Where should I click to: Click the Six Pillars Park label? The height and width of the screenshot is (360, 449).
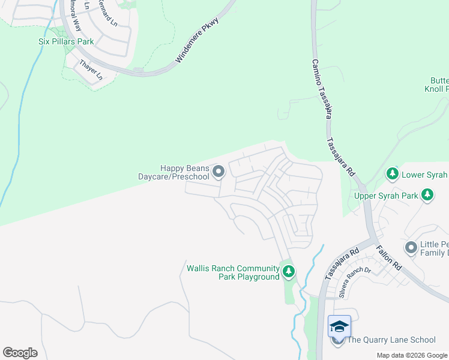click(64, 43)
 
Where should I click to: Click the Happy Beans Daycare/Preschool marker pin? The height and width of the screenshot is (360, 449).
click(218, 172)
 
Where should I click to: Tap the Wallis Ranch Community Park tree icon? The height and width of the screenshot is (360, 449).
click(289, 272)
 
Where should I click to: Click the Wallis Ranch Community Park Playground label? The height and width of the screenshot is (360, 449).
click(233, 272)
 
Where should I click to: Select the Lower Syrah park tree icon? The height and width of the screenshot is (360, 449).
click(393, 174)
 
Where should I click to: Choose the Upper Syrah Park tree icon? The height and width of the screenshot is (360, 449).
click(427, 194)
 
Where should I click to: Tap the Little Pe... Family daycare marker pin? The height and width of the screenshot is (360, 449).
click(411, 247)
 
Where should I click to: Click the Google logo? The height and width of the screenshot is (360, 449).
click(20, 353)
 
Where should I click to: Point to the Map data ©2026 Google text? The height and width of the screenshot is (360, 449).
click(412, 355)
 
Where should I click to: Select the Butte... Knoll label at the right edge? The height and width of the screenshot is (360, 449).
click(439, 85)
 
